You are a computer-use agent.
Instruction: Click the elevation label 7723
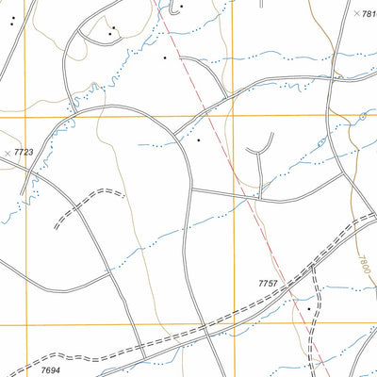(24, 152)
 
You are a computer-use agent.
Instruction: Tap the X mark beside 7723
(8, 152)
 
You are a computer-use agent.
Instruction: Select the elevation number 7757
(269, 283)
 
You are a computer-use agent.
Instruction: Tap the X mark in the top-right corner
(355, 14)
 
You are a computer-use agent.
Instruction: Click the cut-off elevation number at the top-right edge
(369, 14)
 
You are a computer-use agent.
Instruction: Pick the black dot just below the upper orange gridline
(199, 140)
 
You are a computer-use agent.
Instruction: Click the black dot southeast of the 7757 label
(307, 308)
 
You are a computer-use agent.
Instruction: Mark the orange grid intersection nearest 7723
(25, 117)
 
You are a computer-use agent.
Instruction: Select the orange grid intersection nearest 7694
(25, 323)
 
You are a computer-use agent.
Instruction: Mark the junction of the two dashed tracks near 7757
(314, 267)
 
